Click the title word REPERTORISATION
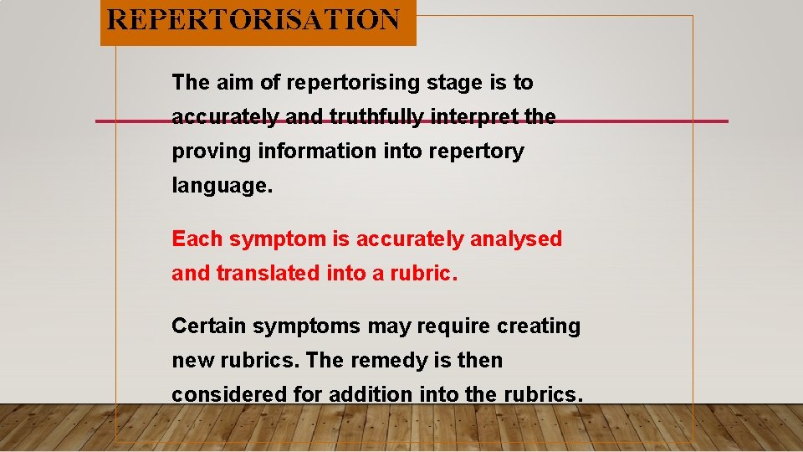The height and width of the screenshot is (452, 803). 254,19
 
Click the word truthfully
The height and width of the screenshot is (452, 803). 372,117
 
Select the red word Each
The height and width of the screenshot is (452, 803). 197,239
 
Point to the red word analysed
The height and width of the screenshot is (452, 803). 516,239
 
